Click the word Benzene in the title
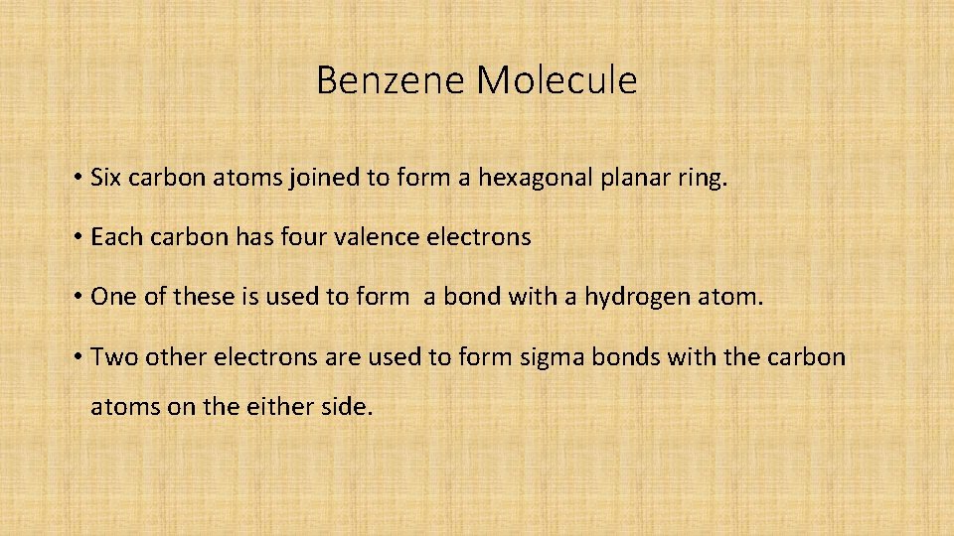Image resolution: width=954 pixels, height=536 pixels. [x=392, y=80]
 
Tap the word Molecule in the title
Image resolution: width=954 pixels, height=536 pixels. [x=556, y=80]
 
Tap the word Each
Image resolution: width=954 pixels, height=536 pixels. [x=111, y=238]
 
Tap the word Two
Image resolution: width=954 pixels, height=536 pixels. [x=113, y=356]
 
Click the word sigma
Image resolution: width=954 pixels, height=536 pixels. [x=552, y=357]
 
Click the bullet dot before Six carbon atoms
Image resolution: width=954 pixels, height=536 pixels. [x=77, y=180]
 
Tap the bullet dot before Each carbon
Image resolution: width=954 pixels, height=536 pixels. [x=77, y=239]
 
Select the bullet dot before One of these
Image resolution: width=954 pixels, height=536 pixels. [x=77, y=298]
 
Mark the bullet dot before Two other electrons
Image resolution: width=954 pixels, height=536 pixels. [x=77, y=357]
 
